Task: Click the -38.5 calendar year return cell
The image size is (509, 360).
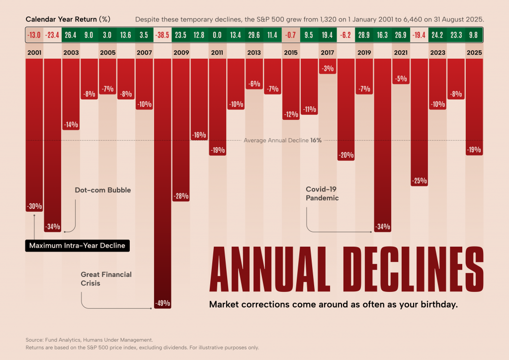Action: (x=163, y=35)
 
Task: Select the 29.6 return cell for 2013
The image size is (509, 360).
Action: (x=254, y=35)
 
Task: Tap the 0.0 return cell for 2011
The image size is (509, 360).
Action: (x=217, y=35)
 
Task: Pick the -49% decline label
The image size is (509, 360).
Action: (x=163, y=302)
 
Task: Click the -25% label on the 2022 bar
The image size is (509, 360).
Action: (x=419, y=180)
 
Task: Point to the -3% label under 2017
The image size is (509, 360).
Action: (x=327, y=69)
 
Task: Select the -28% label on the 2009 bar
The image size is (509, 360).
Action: (x=181, y=196)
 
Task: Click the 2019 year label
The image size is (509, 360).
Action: (x=364, y=52)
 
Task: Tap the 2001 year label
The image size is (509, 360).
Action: (x=34, y=52)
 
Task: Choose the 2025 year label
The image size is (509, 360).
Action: (x=474, y=52)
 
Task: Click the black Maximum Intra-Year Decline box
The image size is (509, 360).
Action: (x=77, y=246)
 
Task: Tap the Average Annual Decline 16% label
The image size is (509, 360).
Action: (x=282, y=140)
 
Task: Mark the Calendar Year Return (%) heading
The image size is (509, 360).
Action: (x=68, y=19)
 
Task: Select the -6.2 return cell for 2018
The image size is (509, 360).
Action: (x=345, y=35)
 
